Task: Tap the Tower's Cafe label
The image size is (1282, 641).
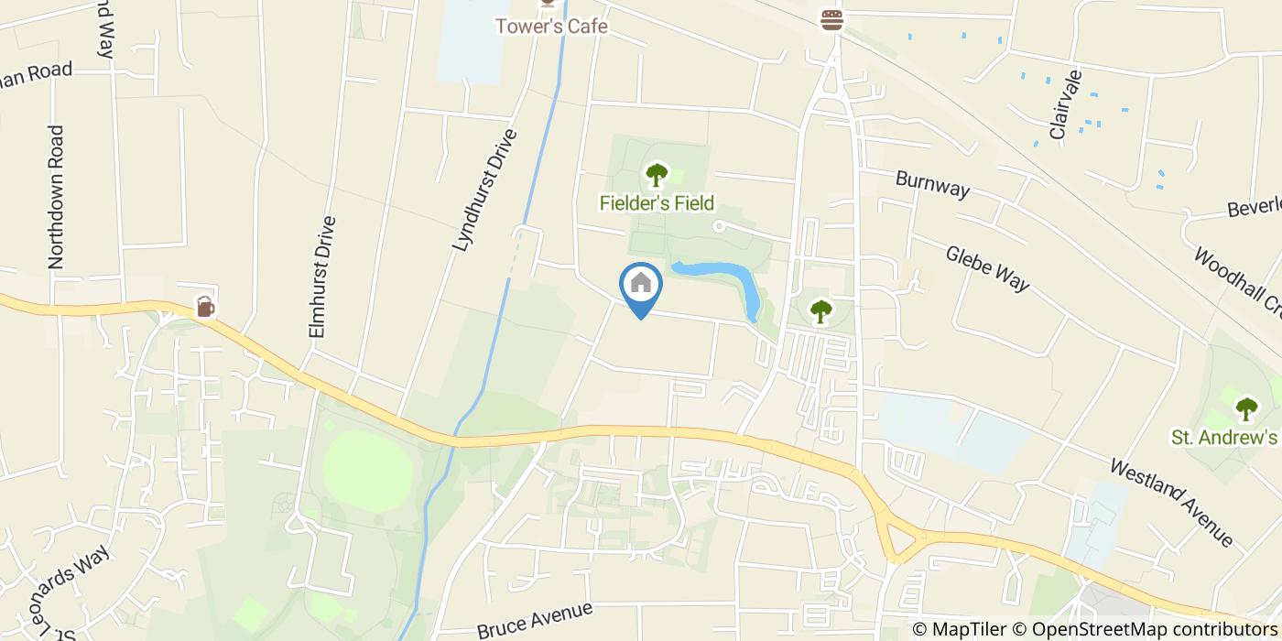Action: point(551,26)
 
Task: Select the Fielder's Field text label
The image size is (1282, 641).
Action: point(657,202)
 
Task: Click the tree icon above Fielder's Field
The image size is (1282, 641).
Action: point(657,173)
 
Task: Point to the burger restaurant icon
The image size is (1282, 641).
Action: point(831,20)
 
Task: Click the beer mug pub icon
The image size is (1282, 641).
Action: point(206,306)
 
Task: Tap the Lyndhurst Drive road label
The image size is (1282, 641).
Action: point(484,190)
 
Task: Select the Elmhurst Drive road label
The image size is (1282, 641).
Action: point(323,277)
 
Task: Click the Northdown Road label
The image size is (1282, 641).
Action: point(57,197)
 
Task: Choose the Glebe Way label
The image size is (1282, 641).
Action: point(988,268)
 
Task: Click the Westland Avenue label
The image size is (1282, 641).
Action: point(1171,503)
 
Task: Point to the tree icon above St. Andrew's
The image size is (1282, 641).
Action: point(1246,407)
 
